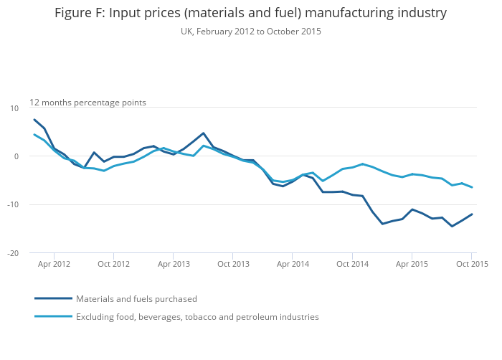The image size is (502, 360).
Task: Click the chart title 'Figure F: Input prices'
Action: (x=250, y=13)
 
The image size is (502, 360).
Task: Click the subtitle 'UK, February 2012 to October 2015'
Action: (x=250, y=32)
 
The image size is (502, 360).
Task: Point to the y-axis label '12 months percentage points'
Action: (x=87, y=103)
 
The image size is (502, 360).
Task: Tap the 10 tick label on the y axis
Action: (x=14, y=108)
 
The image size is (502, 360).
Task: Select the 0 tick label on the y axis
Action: (x=16, y=156)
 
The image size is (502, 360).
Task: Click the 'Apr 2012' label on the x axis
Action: (x=55, y=264)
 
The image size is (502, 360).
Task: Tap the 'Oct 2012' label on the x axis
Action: (x=114, y=264)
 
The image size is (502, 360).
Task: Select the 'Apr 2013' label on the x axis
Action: (x=174, y=264)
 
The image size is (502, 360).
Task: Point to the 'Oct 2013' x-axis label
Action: (x=233, y=264)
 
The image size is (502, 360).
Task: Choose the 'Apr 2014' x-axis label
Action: (x=293, y=264)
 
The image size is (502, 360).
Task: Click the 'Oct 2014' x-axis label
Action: (x=352, y=264)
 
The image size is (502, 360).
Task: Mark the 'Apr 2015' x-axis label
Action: (x=412, y=264)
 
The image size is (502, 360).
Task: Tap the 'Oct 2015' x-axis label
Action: (x=471, y=264)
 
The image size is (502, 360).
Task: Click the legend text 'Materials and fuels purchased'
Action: (x=136, y=299)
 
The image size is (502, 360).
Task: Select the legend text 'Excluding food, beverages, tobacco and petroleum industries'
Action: (x=197, y=316)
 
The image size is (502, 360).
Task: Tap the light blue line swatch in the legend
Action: (x=53, y=316)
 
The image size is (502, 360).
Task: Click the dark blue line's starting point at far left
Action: (x=34, y=120)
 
